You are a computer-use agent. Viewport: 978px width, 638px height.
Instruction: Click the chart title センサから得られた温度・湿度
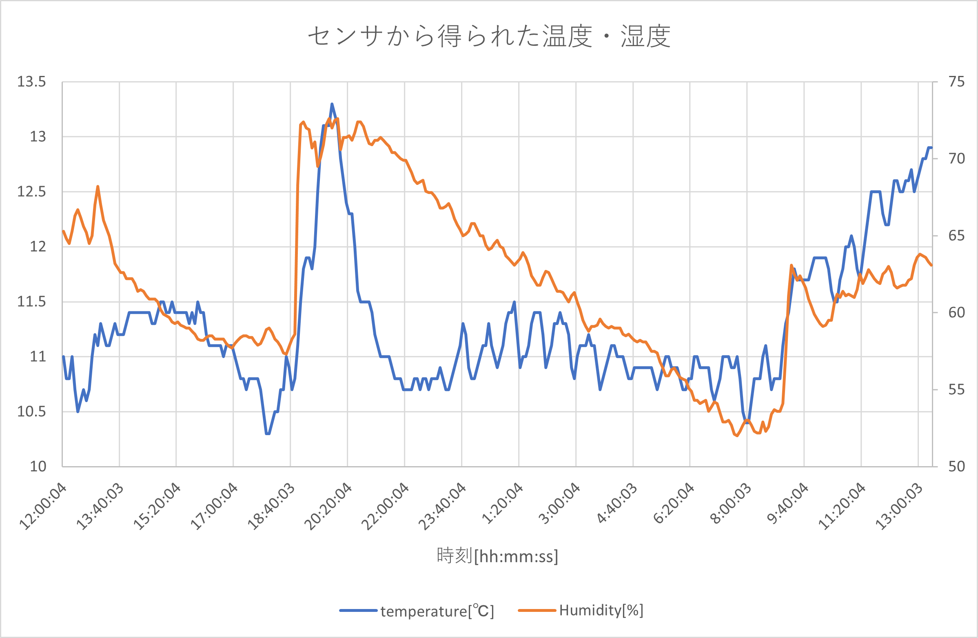pos(489,36)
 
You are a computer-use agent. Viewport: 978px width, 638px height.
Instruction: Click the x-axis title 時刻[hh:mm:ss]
pos(497,556)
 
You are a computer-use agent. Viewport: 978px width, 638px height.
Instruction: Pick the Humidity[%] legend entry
pos(601,611)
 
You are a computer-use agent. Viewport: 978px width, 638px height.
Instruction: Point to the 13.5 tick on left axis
pos(31,82)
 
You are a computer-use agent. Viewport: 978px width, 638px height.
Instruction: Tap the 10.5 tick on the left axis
pos(31,411)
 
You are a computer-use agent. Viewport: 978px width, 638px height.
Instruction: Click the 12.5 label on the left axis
pos(31,191)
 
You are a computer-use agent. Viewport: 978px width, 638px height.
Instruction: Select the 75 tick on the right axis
pos(956,82)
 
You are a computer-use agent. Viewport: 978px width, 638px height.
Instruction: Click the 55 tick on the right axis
pos(956,389)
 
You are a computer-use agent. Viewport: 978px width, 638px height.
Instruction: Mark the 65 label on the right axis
pos(956,236)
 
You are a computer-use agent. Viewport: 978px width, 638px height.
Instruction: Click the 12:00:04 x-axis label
pos(44,507)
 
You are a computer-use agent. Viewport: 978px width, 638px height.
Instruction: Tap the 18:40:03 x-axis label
pos(272,507)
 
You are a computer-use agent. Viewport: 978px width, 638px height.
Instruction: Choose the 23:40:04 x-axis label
pos(443,507)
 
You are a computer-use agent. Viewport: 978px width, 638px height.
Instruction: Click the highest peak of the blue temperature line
pos(332,104)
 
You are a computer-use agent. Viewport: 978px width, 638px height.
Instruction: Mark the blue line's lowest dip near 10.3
pos(268,433)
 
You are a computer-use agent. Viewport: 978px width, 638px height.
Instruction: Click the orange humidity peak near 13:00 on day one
pos(98,187)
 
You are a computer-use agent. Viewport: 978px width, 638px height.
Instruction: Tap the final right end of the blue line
pos(931,148)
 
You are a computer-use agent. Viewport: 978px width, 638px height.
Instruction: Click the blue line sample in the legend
pos(358,611)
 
